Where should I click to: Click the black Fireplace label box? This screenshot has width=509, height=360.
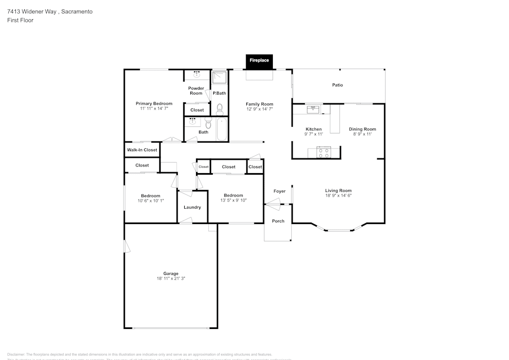tap(259, 61)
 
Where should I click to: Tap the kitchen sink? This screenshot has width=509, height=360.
tap(313, 109)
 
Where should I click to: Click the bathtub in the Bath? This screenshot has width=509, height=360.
tap(221, 129)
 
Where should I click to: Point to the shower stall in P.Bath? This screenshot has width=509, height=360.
tap(219, 77)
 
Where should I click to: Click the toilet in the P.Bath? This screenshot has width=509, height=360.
tap(220, 107)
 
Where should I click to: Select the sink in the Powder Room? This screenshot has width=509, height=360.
tap(196, 75)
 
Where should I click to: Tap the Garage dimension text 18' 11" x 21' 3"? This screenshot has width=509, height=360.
tap(171, 279)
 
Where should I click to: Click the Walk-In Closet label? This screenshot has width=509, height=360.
tap(142, 150)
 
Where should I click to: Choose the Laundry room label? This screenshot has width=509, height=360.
tap(192, 207)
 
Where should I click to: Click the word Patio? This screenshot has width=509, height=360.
tap(337, 85)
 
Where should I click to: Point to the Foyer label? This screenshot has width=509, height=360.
tap(279, 191)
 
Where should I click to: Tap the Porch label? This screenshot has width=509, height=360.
tap(278, 221)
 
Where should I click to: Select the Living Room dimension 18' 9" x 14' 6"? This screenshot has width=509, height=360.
tap(338, 196)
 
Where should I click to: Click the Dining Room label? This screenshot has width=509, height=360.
tap(362, 129)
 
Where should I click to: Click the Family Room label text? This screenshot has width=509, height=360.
tap(260, 104)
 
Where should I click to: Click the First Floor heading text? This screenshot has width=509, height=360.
tap(20, 20)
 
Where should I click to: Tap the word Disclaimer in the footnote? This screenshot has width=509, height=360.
tap(16, 354)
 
